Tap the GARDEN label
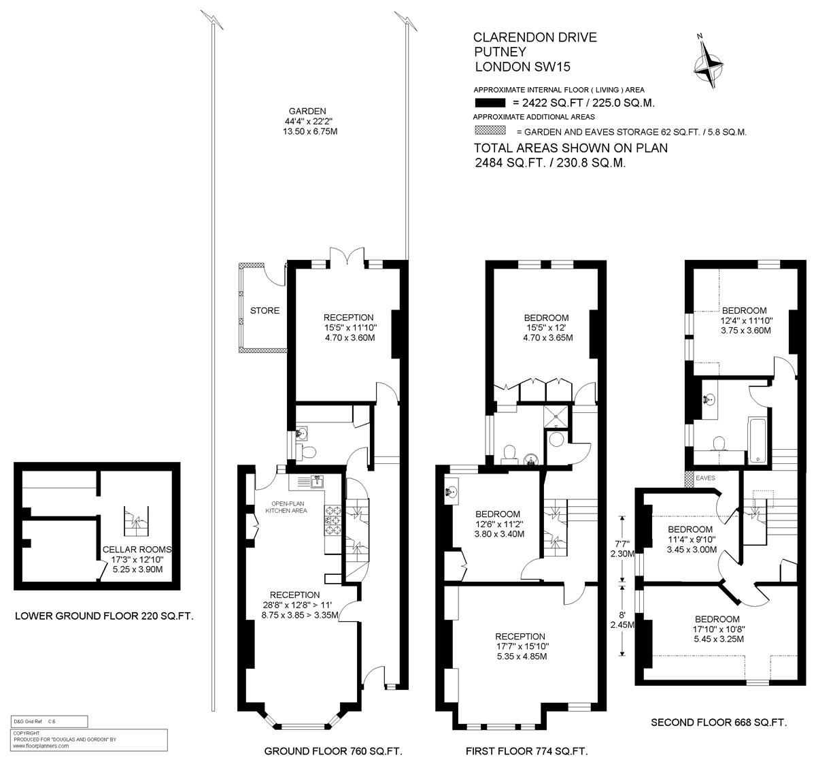point(307,111)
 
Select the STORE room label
point(265,310)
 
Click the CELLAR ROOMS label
point(137,549)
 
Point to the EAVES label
point(705,478)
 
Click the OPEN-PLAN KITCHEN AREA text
point(286,507)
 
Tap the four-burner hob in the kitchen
point(333,520)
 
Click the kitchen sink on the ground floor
point(317,482)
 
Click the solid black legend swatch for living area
point(490,103)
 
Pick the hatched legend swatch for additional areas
point(490,131)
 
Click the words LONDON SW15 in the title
point(523,67)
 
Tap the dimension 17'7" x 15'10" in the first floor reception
point(522,646)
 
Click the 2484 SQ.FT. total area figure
point(510,163)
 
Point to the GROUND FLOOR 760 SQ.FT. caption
point(333,751)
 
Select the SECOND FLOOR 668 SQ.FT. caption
point(719,722)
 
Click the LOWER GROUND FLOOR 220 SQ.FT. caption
point(104,616)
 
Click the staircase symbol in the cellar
point(136,521)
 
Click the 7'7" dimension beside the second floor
point(622,543)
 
